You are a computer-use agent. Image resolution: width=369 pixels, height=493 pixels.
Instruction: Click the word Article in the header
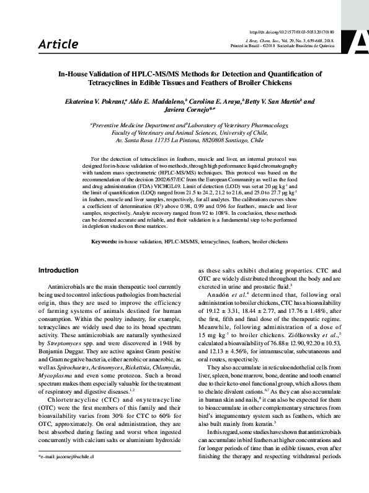pos(58,44)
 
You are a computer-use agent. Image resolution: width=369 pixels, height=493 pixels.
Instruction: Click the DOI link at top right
pos(300,31)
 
